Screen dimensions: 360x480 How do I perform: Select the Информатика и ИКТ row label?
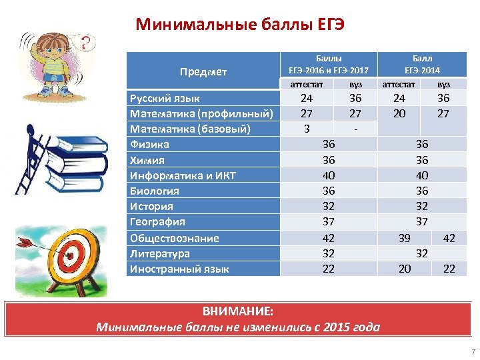click(x=182, y=175)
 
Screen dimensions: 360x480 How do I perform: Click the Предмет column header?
click(x=203, y=71)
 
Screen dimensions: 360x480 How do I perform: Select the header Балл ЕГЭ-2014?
click(x=422, y=64)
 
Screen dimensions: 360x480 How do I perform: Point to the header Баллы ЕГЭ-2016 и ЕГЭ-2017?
click(x=328, y=64)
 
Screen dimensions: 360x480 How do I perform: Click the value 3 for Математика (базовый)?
click(x=307, y=128)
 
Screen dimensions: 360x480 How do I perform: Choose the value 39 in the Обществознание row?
click(x=404, y=238)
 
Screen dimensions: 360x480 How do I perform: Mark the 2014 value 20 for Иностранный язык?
click(x=404, y=269)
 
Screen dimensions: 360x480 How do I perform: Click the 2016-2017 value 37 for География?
click(x=329, y=221)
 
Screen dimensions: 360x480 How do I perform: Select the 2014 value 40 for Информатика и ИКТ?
click(x=422, y=175)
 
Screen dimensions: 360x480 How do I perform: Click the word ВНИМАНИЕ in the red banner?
click(x=237, y=312)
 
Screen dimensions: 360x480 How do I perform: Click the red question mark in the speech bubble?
click(x=85, y=45)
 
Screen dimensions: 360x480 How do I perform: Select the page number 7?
click(x=473, y=351)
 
